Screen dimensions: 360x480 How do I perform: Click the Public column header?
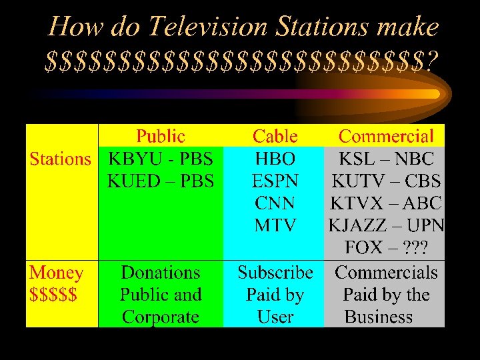point(161,137)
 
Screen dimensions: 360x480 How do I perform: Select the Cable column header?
point(275,137)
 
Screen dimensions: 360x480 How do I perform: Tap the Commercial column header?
point(386,137)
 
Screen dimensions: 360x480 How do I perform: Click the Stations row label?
point(60,159)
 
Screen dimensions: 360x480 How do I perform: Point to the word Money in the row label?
point(56,273)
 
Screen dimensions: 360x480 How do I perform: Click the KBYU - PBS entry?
point(161,159)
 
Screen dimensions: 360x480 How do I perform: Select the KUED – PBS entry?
point(161,181)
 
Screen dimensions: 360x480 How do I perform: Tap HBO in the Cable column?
point(275,159)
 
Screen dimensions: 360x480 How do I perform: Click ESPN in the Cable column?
point(275,181)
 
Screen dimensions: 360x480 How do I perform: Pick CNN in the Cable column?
point(275,203)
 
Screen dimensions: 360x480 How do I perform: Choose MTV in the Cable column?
point(275,225)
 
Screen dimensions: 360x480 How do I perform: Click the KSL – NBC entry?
point(386,159)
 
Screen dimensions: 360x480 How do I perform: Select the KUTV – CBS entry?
point(386,181)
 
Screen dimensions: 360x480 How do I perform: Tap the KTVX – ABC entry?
point(386,203)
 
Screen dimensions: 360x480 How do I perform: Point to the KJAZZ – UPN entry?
point(386,225)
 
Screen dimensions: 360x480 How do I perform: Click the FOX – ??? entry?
point(386,248)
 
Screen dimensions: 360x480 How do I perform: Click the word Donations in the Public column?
point(161,273)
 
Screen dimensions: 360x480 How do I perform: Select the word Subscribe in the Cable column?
point(275,273)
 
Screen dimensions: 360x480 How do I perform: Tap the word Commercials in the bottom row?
point(386,273)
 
